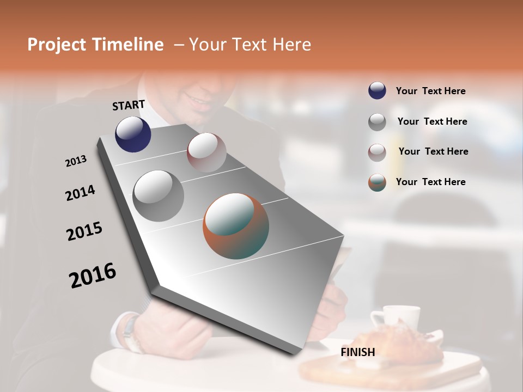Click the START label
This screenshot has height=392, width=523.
click(x=129, y=105)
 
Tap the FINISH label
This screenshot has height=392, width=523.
click(x=358, y=352)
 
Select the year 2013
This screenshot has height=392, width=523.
click(x=76, y=161)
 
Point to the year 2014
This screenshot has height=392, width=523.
click(x=80, y=193)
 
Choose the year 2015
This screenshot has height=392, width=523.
click(x=84, y=231)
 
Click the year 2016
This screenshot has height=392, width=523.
click(x=93, y=275)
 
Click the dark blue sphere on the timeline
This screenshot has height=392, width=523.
click(x=133, y=134)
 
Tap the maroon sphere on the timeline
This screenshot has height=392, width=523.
click(x=206, y=152)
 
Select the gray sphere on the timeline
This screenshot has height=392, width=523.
click(x=159, y=195)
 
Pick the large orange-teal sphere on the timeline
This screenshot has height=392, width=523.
click(x=236, y=226)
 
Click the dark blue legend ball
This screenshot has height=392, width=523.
click(x=377, y=91)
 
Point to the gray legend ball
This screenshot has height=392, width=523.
click(x=377, y=122)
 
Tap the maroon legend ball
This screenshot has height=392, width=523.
click(x=377, y=152)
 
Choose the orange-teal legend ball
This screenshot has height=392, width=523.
click(x=377, y=182)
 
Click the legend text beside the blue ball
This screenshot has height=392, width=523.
click(x=430, y=91)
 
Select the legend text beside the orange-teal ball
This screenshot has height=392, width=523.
click(x=430, y=182)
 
